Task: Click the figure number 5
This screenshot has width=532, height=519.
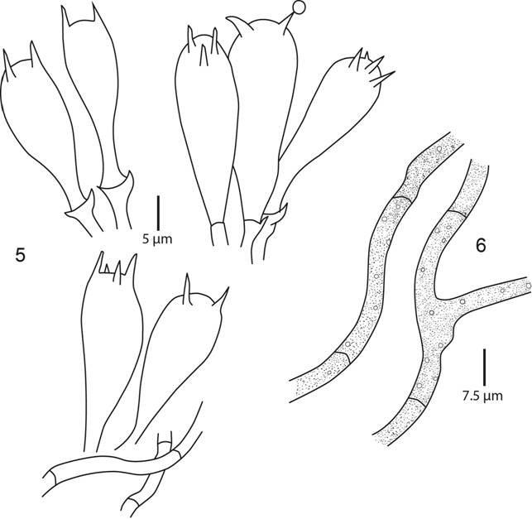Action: tap(21, 255)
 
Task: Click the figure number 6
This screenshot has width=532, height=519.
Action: tap(481, 245)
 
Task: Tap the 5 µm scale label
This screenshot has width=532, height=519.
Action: tap(157, 239)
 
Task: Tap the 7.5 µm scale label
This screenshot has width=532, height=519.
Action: tap(483, 396)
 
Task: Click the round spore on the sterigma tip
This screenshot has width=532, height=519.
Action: tap(298, 7)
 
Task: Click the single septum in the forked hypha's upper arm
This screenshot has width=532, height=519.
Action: tap(457, 213)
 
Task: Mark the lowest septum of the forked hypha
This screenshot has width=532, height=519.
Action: tap(417, 401)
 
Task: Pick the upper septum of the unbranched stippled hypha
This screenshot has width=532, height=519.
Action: tap(403, 199)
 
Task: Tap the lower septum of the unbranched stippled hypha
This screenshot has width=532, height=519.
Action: tap(343, 355)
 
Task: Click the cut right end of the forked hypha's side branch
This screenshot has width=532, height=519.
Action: tap(529, 286)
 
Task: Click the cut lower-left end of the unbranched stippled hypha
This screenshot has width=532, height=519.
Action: tap(292, 391)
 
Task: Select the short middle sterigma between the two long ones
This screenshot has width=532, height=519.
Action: tap(204, 55)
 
